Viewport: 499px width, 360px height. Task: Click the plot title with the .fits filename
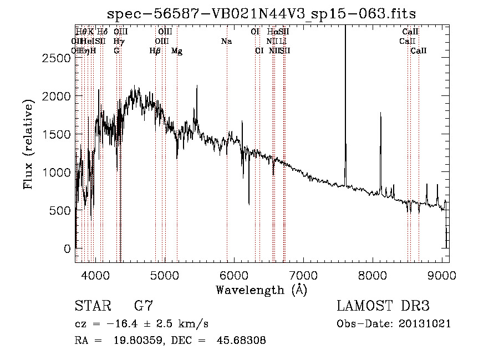point(262,13)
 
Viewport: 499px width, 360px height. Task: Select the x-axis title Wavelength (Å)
point(262,290)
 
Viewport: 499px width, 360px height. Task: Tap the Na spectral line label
point(226,41)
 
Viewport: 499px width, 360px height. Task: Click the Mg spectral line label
point(177,51)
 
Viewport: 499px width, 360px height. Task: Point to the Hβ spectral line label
point(155,51)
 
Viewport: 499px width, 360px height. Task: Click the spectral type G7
point(144,306)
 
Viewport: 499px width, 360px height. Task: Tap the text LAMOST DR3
point(383,306)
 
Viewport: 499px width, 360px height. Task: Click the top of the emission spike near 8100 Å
point(380,113)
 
